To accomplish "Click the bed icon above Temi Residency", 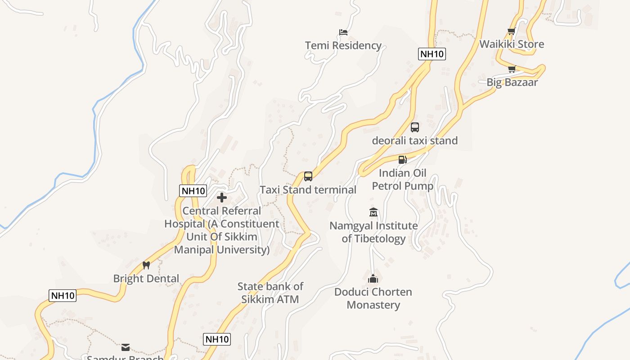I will click(x=343, y=32).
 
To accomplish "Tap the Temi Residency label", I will click(x=343, y=45).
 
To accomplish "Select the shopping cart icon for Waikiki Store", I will click(x=511, y=31).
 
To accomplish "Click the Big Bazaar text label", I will click(x=512, y=82).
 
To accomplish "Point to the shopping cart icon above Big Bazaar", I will click(x=511, y=69).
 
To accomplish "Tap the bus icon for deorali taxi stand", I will click(x=415, y=127).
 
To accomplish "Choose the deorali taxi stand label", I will click(x=414, y=140).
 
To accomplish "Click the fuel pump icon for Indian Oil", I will click(x=402, y=160).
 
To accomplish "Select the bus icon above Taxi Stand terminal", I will click(x=308, y=176).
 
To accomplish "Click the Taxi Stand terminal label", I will click(x=308, y=189).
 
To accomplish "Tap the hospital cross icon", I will click(x=221, y=198).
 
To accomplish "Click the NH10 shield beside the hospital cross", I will click(x=193, y=191).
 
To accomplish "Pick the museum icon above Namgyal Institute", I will click(x=373, y=212).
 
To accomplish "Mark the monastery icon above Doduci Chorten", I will click(x=373, y=279).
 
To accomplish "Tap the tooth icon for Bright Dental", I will click(x=146, y=265).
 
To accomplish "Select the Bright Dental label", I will click(x=146, y=279).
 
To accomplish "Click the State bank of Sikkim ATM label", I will click(x=270, y=292).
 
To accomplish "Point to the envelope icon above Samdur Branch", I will click(x=126, y=347).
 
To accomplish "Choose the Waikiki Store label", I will click(x=512, y=44).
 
